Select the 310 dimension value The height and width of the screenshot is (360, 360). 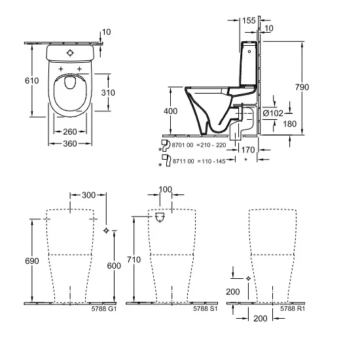(108, 92)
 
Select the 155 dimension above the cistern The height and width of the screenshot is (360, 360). (248, 21)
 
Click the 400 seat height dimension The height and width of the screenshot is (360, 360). (170, 112)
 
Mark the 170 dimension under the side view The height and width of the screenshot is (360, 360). (248, 150)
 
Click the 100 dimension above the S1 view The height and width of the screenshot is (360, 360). (166, 190)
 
